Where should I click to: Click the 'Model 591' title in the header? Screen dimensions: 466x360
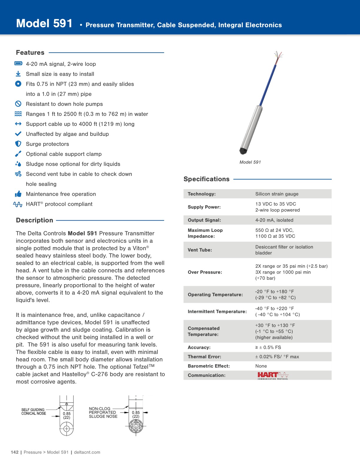coord(44,24)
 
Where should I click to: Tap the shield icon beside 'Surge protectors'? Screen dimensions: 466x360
coord(18,144)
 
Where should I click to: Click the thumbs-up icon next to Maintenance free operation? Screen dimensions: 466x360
coord(18,194)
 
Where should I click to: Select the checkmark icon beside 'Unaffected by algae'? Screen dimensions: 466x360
coord(18,134)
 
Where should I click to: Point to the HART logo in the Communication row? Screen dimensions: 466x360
coord(273,375)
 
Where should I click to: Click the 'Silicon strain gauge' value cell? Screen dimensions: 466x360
coord(277,194)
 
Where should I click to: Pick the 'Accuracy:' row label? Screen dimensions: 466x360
coord(199,347)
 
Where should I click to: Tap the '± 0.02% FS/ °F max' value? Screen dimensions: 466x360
coord(277,357)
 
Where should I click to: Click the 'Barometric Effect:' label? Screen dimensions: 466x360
coord(209,366)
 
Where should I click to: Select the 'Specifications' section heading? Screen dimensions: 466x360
coord(206,179)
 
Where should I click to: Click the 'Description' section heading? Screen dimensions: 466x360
coord(34,220)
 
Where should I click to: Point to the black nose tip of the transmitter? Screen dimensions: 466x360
coord(243,151)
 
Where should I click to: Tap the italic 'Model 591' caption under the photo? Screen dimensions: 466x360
coord(250,162)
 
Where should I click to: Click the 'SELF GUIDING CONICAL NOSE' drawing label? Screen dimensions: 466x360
coord(34,412)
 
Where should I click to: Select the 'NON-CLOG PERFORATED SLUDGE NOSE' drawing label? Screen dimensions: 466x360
coord(103,412)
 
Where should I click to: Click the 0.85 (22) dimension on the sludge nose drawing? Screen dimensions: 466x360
coord(136,414)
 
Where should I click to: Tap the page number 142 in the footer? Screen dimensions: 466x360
coord(14,452)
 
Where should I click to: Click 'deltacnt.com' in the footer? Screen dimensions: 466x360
coord(87,452)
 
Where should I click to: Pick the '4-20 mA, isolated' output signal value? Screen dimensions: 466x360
coord(274,220)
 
